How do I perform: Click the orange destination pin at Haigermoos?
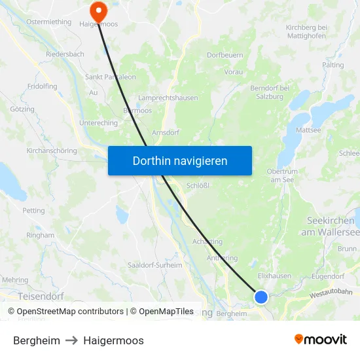[98, 10]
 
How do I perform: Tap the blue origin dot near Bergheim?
[261, 297]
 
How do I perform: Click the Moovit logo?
[321, 340]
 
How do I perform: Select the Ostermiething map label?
[48, 22]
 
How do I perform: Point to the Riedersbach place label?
[65, 54]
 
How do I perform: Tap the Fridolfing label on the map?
[43, 86]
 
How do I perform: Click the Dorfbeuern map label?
[225, 55]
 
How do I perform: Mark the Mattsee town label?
[308, 130]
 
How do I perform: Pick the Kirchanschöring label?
[52, 151]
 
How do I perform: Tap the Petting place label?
[33, 211]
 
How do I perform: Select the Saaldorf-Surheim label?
[155, 265]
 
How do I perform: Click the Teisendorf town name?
[41, 296]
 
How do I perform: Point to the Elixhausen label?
[274, 276]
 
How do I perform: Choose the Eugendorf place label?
[328, 277]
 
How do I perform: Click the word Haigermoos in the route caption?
[113, 340]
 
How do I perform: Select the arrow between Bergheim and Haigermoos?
[71, 340]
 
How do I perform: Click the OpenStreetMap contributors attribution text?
[65, 312]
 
